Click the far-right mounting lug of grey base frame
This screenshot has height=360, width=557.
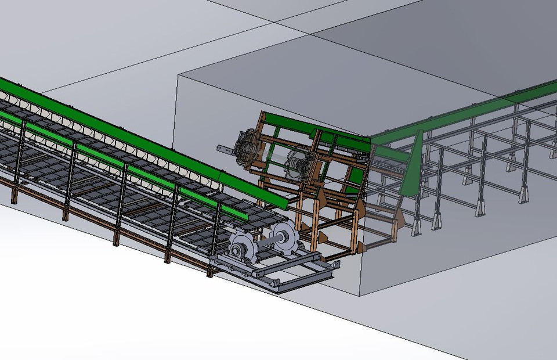[x=335, y=265]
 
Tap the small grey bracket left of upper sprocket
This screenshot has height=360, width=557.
[x=226, y=149]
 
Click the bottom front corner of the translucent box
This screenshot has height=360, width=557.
[x=360, y=297]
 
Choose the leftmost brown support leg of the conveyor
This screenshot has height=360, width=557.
[x=13, y=195]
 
